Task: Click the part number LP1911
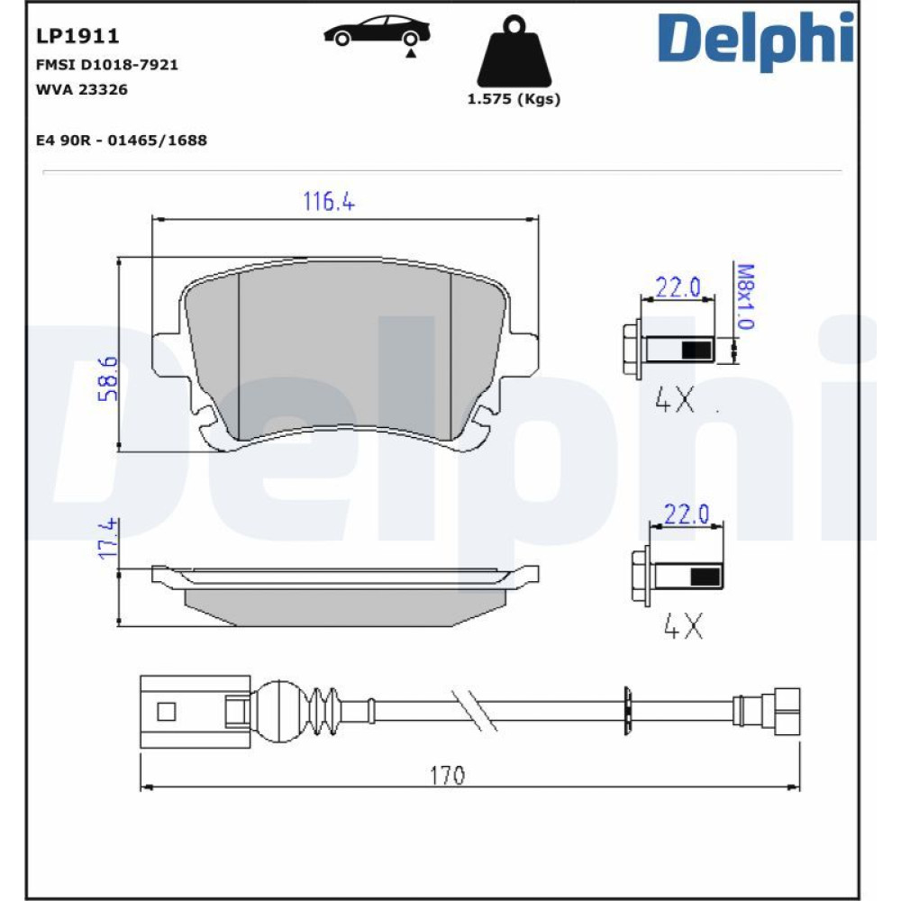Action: coord(77,36)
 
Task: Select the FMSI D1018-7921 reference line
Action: coord(107,64)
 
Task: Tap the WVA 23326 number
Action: coord(82,89)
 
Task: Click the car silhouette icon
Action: coord(377,32)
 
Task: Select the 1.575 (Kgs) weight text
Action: coord(514,99)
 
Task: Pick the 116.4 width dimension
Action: coord(329,201)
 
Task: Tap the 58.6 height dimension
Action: coord(108,378)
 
